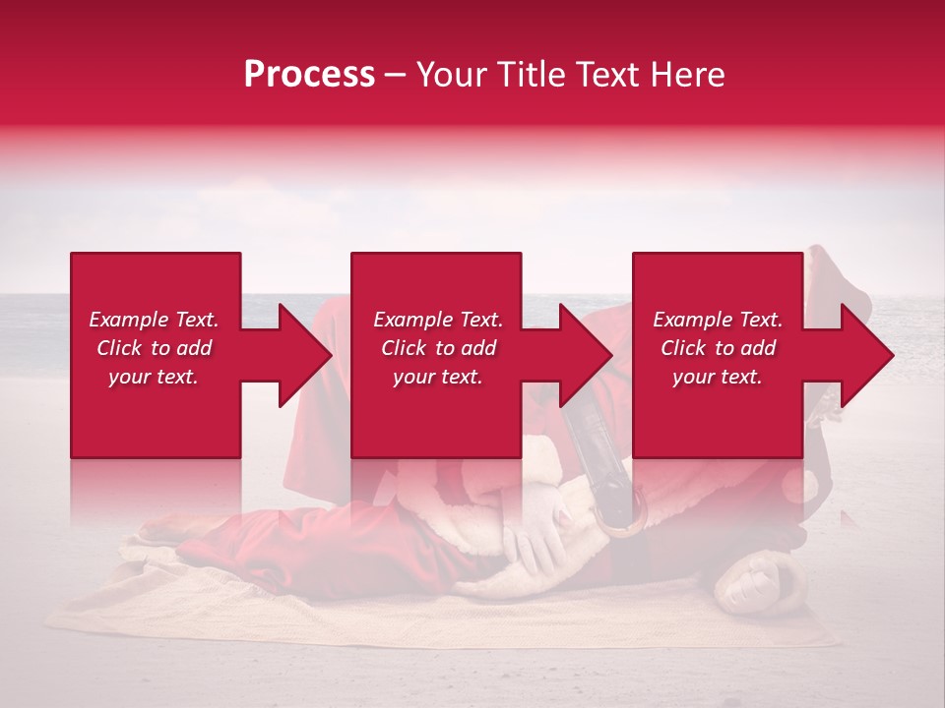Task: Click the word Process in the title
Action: pyautogui.click(x=309, y=75)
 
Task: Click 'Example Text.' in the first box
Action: pyautogui.click(x=154, y=320)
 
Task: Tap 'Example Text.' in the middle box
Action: pyautogui.click(x=438, y=320)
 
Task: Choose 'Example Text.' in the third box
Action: pyautogui.click(x=718, y=320)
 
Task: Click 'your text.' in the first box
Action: pyautogui.click(x=154, y=378)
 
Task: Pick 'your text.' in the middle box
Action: pyautogui.click(x=438, y=378)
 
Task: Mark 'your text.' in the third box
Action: pyautogui.click(x=718, y=378)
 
